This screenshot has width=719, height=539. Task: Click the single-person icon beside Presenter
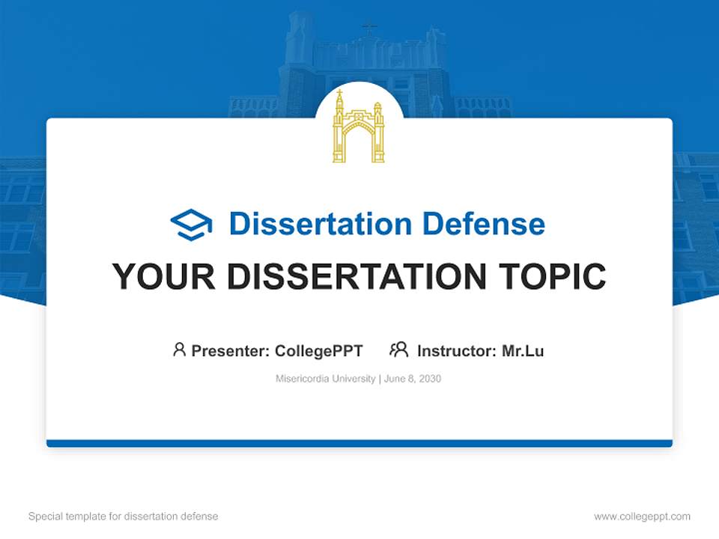point(179,350)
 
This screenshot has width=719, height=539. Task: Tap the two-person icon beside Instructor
point(398,350)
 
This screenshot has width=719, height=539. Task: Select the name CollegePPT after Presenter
point(319,350)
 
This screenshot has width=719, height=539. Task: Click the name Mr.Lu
point(523,350)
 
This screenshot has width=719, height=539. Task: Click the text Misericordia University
point(325,379)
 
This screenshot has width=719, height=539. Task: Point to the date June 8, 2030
point(413,379)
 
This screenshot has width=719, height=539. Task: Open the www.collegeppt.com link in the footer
point(642,517)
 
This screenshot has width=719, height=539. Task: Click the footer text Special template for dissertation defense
point(124,517)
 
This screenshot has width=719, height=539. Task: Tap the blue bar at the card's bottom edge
point(359,443)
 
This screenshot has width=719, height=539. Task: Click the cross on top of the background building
point(368,28)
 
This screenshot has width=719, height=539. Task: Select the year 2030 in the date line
point(430,379)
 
